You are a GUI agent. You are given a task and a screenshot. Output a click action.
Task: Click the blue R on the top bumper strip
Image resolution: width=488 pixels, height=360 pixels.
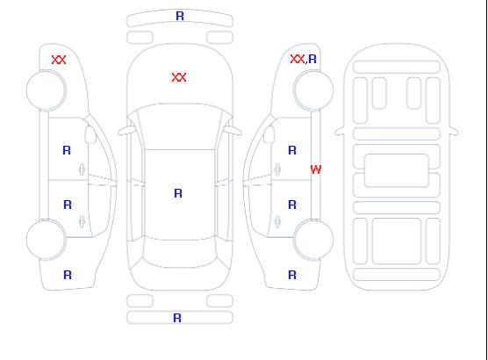180,16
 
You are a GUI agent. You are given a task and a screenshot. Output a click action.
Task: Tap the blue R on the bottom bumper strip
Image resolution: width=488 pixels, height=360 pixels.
177,318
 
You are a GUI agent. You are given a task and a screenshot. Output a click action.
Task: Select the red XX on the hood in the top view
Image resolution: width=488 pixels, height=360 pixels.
179,77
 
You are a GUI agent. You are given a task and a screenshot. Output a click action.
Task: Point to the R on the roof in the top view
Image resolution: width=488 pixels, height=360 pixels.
178,193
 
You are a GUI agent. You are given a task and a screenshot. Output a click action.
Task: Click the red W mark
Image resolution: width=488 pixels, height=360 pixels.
316,169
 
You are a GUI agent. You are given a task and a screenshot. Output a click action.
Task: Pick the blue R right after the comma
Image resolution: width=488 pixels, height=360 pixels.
312,59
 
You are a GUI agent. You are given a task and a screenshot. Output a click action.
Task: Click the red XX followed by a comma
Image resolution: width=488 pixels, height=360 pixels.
298,59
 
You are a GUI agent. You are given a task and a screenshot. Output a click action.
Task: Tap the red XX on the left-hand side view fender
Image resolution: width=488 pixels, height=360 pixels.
59,60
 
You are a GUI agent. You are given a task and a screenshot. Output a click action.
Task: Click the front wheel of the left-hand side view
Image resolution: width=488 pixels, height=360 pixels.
46,90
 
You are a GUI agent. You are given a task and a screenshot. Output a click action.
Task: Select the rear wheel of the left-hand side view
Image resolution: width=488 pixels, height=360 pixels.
46,240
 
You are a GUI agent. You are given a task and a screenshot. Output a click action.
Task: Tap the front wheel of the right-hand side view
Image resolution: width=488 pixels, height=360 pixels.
313,90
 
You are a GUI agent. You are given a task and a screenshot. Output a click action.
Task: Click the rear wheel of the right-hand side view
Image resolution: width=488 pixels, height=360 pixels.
313,240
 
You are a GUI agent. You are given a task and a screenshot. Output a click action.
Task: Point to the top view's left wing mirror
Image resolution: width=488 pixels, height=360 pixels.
126,131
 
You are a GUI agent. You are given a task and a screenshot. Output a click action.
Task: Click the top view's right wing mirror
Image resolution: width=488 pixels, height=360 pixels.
233,131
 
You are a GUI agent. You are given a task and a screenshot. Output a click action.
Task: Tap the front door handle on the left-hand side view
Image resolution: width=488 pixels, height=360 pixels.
82,169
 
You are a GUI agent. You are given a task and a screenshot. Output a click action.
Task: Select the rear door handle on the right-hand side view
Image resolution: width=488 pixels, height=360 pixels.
277,221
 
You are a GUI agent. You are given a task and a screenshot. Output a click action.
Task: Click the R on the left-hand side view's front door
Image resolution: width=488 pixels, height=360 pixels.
67,150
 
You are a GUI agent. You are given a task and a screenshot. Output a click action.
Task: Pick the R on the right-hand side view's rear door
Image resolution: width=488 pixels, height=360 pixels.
292,205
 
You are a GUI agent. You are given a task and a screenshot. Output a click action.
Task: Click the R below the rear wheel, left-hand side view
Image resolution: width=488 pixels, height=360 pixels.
68,275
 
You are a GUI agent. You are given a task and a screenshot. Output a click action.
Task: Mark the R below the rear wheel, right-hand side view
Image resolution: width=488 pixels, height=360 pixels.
292,275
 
